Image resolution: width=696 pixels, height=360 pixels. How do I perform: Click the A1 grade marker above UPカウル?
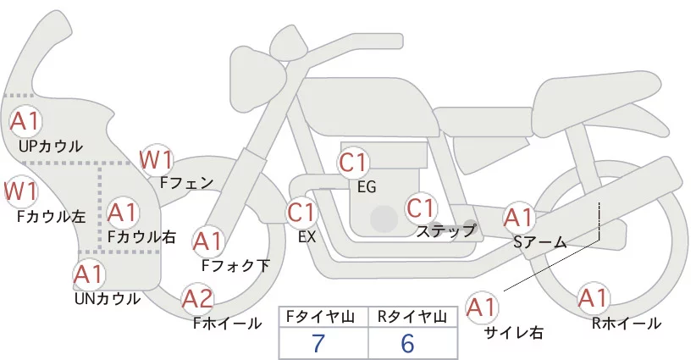coord(25,120)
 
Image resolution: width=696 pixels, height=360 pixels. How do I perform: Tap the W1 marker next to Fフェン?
coord(157,158)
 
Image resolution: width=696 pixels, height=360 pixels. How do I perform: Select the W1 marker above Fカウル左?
coord(20,191)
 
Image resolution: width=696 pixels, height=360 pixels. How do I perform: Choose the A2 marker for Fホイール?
coord(198,299)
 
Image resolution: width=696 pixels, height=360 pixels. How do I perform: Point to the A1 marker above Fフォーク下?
coord(207,242)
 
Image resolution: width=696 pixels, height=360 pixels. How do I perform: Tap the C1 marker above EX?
coord(302,211)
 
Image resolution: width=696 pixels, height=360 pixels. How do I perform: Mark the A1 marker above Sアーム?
coord(518,218)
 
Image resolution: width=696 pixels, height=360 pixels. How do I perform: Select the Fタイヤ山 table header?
coord(319,317)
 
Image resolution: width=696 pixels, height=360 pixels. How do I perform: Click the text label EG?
coord(367,186)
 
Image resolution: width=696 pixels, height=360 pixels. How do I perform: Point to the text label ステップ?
coord(446,230)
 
